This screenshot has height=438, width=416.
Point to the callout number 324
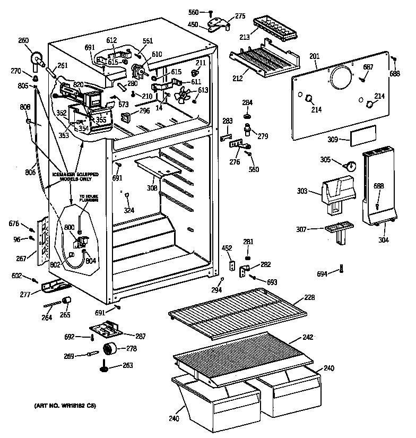click(129, 210)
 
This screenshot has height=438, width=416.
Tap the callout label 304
click(384, 240)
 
